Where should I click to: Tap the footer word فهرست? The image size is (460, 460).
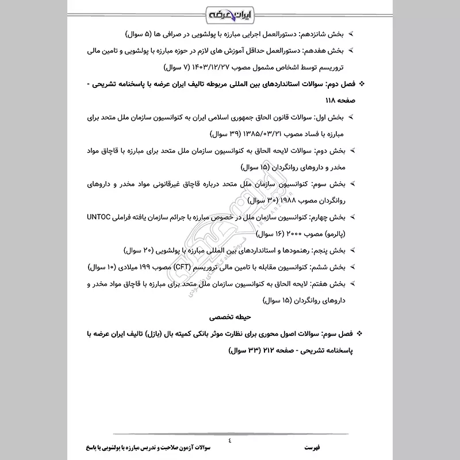[314, 447]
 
